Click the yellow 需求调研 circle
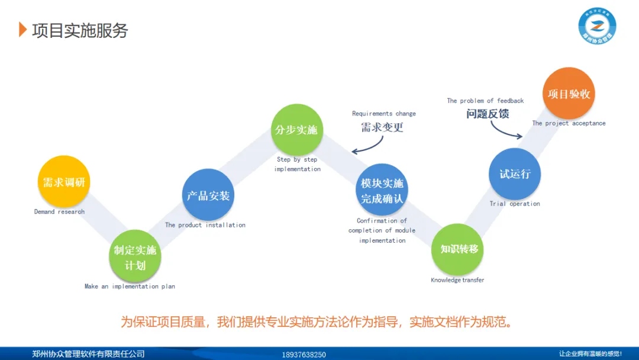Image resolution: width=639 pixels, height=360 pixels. (x=64, y=182)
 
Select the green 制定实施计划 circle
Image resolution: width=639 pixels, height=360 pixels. (x=135, y=256)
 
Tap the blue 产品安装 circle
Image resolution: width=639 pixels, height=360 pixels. (x=208, y=195)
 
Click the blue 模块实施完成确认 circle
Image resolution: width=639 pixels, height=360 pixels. (x=382, y=191)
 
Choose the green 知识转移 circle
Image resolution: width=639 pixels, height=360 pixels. (x=459, y=249)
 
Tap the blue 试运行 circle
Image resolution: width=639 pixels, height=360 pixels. (x=515, y=174)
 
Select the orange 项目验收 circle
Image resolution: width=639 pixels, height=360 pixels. (x=569, y=94)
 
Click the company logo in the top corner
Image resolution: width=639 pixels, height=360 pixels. (x=597, y=27)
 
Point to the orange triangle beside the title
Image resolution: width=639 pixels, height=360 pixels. (x=22, y=30)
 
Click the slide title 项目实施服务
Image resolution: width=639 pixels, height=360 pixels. (x=80, y=30)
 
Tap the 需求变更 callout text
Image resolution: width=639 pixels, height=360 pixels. (x=382, y=127)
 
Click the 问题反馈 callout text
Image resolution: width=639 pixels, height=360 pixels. (x=488, y=114)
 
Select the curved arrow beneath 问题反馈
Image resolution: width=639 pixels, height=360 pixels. (x=504, y=131)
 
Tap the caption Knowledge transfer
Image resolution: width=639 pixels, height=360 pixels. (x=457, y=280)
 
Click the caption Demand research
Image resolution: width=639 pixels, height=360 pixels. (x=59, y=211)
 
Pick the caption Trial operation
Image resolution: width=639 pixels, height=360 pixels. (x=515, y=204)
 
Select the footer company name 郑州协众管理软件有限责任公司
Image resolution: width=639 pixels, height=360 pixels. (x=88, y=354)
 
